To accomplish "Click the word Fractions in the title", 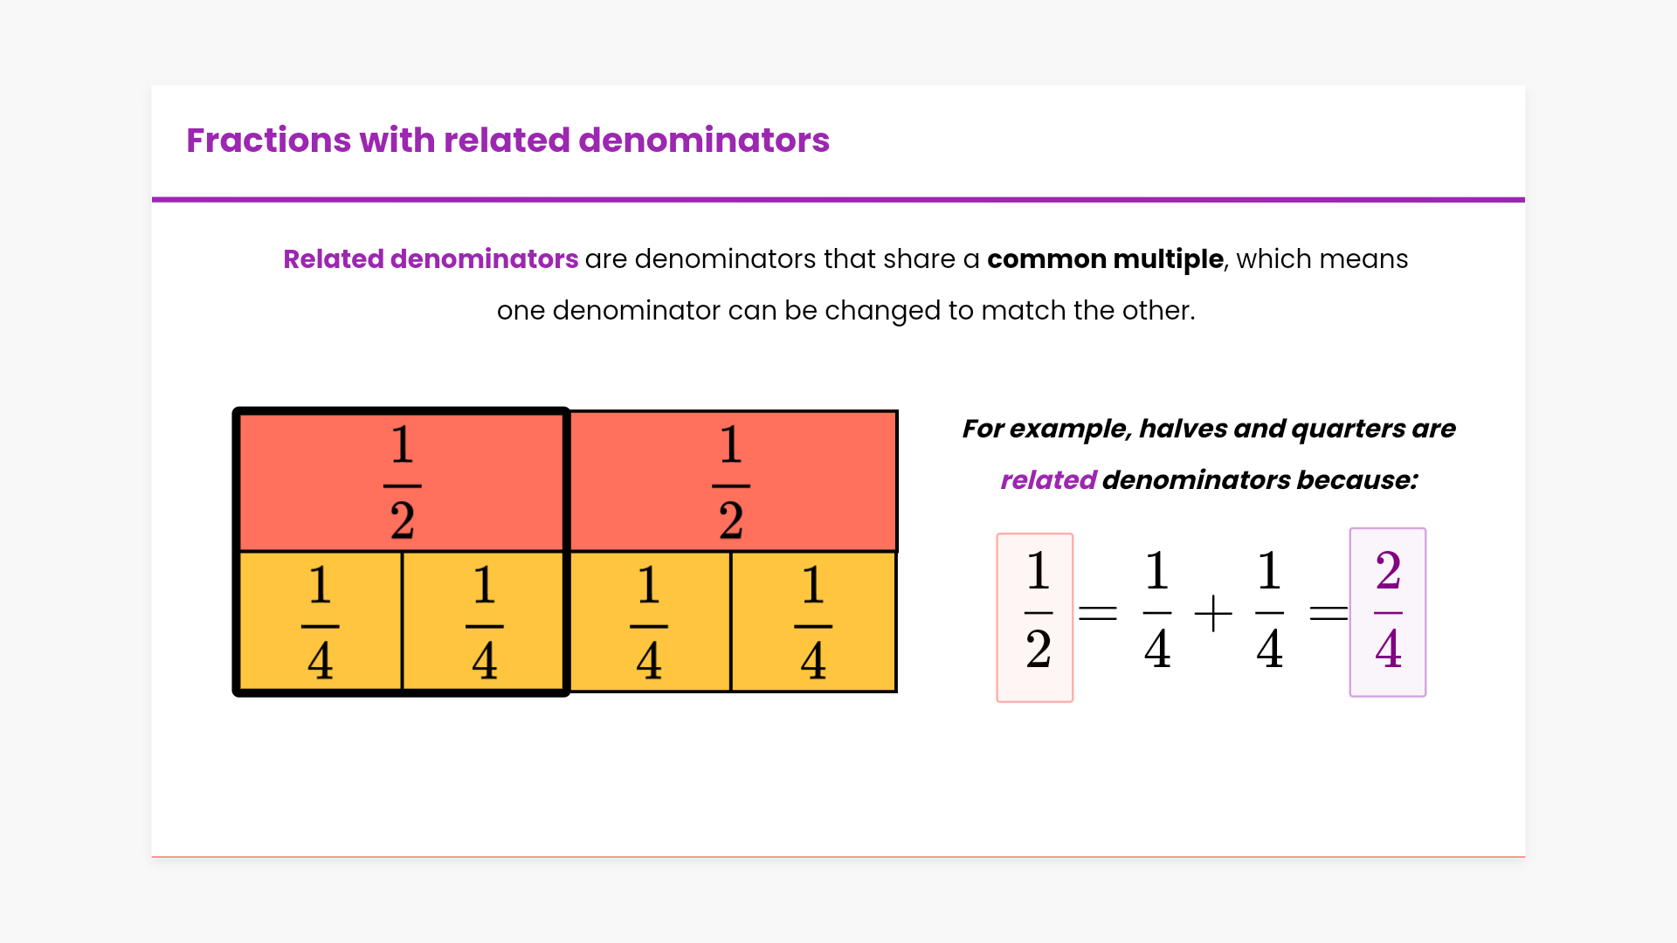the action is click(x=268, y=140).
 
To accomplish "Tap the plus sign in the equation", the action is click(x=1213, y=613).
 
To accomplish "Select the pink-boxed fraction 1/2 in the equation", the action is click(x=1035, y=617).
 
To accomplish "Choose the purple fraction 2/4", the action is click(x=1388, y=612).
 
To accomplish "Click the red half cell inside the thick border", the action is click(x=402, y=482).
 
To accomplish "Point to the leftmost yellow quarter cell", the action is click(x=320, y=621).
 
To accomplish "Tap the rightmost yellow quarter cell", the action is click(x=813, y=621).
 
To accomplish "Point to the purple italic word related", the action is click(x=1048, y=479).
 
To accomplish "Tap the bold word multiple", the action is click(x=1169, y=259).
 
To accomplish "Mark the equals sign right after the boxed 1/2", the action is click(x=1098, y=613).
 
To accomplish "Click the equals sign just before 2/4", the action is click(x=1328, y=613).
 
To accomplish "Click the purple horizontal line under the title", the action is click(x=838, y=200).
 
